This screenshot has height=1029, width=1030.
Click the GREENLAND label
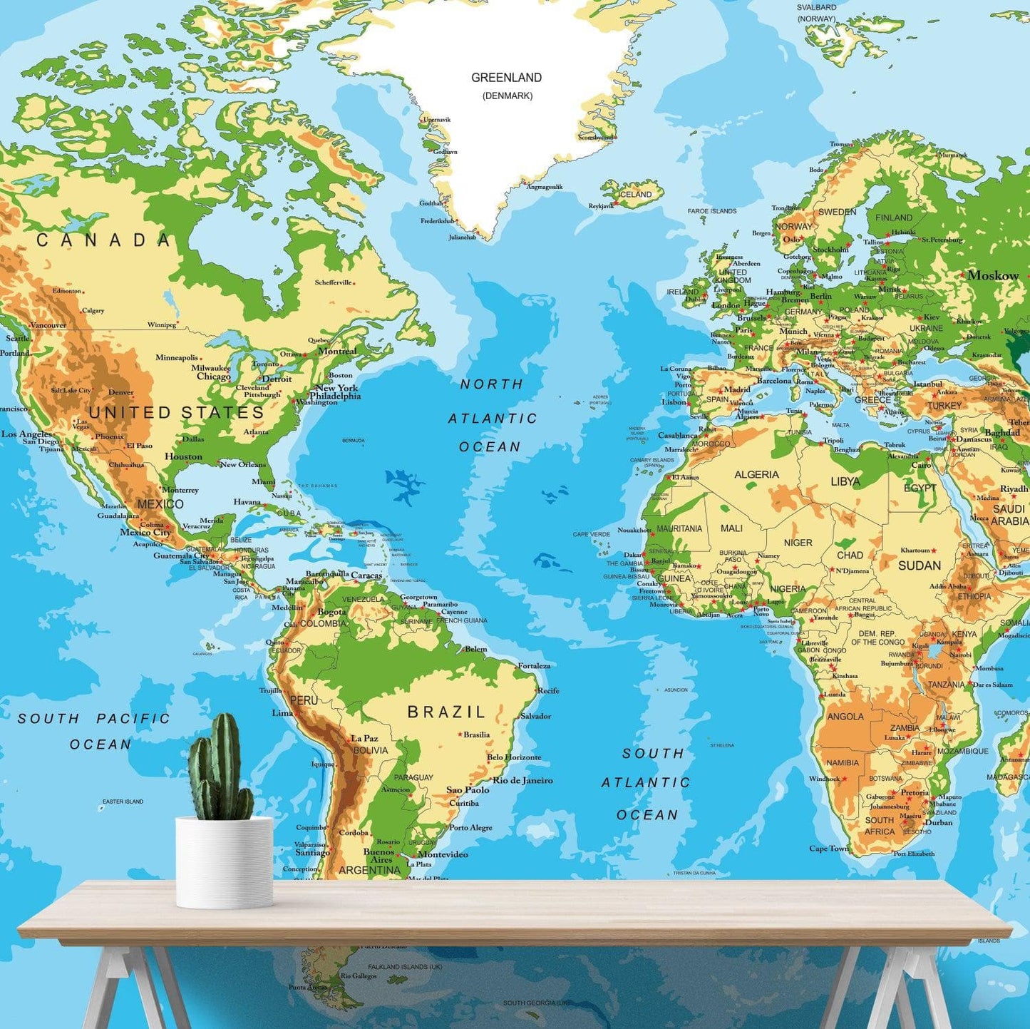506,78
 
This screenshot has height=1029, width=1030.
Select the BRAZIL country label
446,712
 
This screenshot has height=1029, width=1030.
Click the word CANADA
104,240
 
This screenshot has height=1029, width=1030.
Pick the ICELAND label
634,194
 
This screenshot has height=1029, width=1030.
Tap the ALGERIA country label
756,474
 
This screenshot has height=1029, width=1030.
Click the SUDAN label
919,565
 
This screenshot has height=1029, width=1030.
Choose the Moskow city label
993,275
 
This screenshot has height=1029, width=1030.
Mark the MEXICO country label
160,503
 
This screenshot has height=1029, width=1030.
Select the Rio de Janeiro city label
522,780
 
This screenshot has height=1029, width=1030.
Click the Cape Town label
829,849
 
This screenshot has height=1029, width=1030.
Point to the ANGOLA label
845,716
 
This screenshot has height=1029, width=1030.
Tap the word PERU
304,700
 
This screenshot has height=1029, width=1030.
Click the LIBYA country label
845,481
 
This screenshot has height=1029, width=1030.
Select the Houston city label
183,456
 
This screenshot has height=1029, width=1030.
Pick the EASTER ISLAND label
123,802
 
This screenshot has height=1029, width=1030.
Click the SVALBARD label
817,7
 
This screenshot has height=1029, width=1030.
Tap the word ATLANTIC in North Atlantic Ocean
493,419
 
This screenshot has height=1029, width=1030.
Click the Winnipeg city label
162,324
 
